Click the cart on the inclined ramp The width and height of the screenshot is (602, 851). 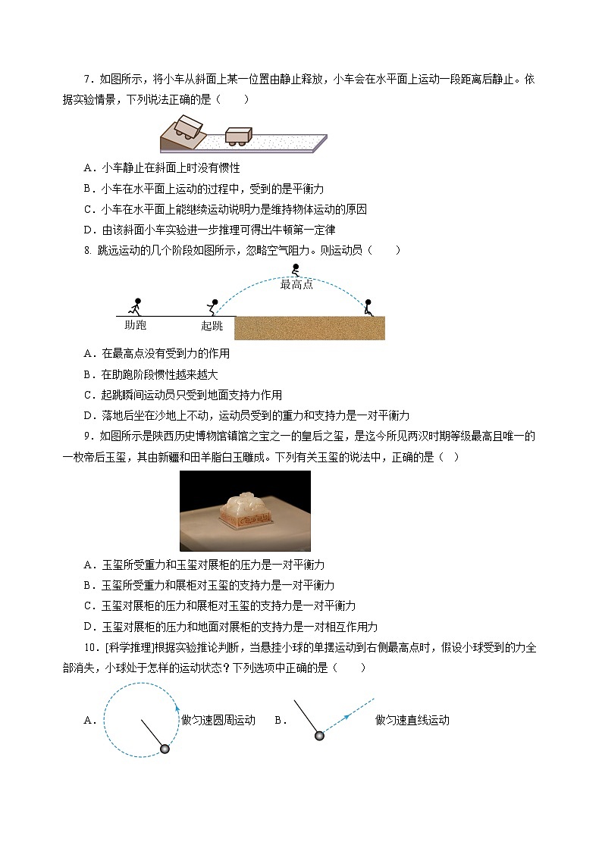(x=188, y=127)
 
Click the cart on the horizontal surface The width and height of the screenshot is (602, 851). (x=239, y=133)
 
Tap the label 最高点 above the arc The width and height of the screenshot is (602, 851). (x=296, y=284)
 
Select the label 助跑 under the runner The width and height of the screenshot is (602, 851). (x=135, y=325)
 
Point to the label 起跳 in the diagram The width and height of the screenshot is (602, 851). (x=212, y=326)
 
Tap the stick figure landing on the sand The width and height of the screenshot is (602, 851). (x=368, y=307)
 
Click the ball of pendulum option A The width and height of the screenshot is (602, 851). (x=165, y=749)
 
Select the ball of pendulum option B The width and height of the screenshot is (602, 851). (x=319, y=735)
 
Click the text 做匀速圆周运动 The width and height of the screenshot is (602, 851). (x=218, y=720)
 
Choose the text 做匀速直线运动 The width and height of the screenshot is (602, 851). (x=412, y=720)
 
